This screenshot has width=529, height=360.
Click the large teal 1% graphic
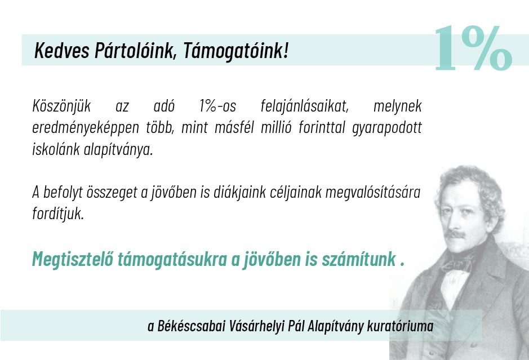pyautogui.click(x=472, y=50)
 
